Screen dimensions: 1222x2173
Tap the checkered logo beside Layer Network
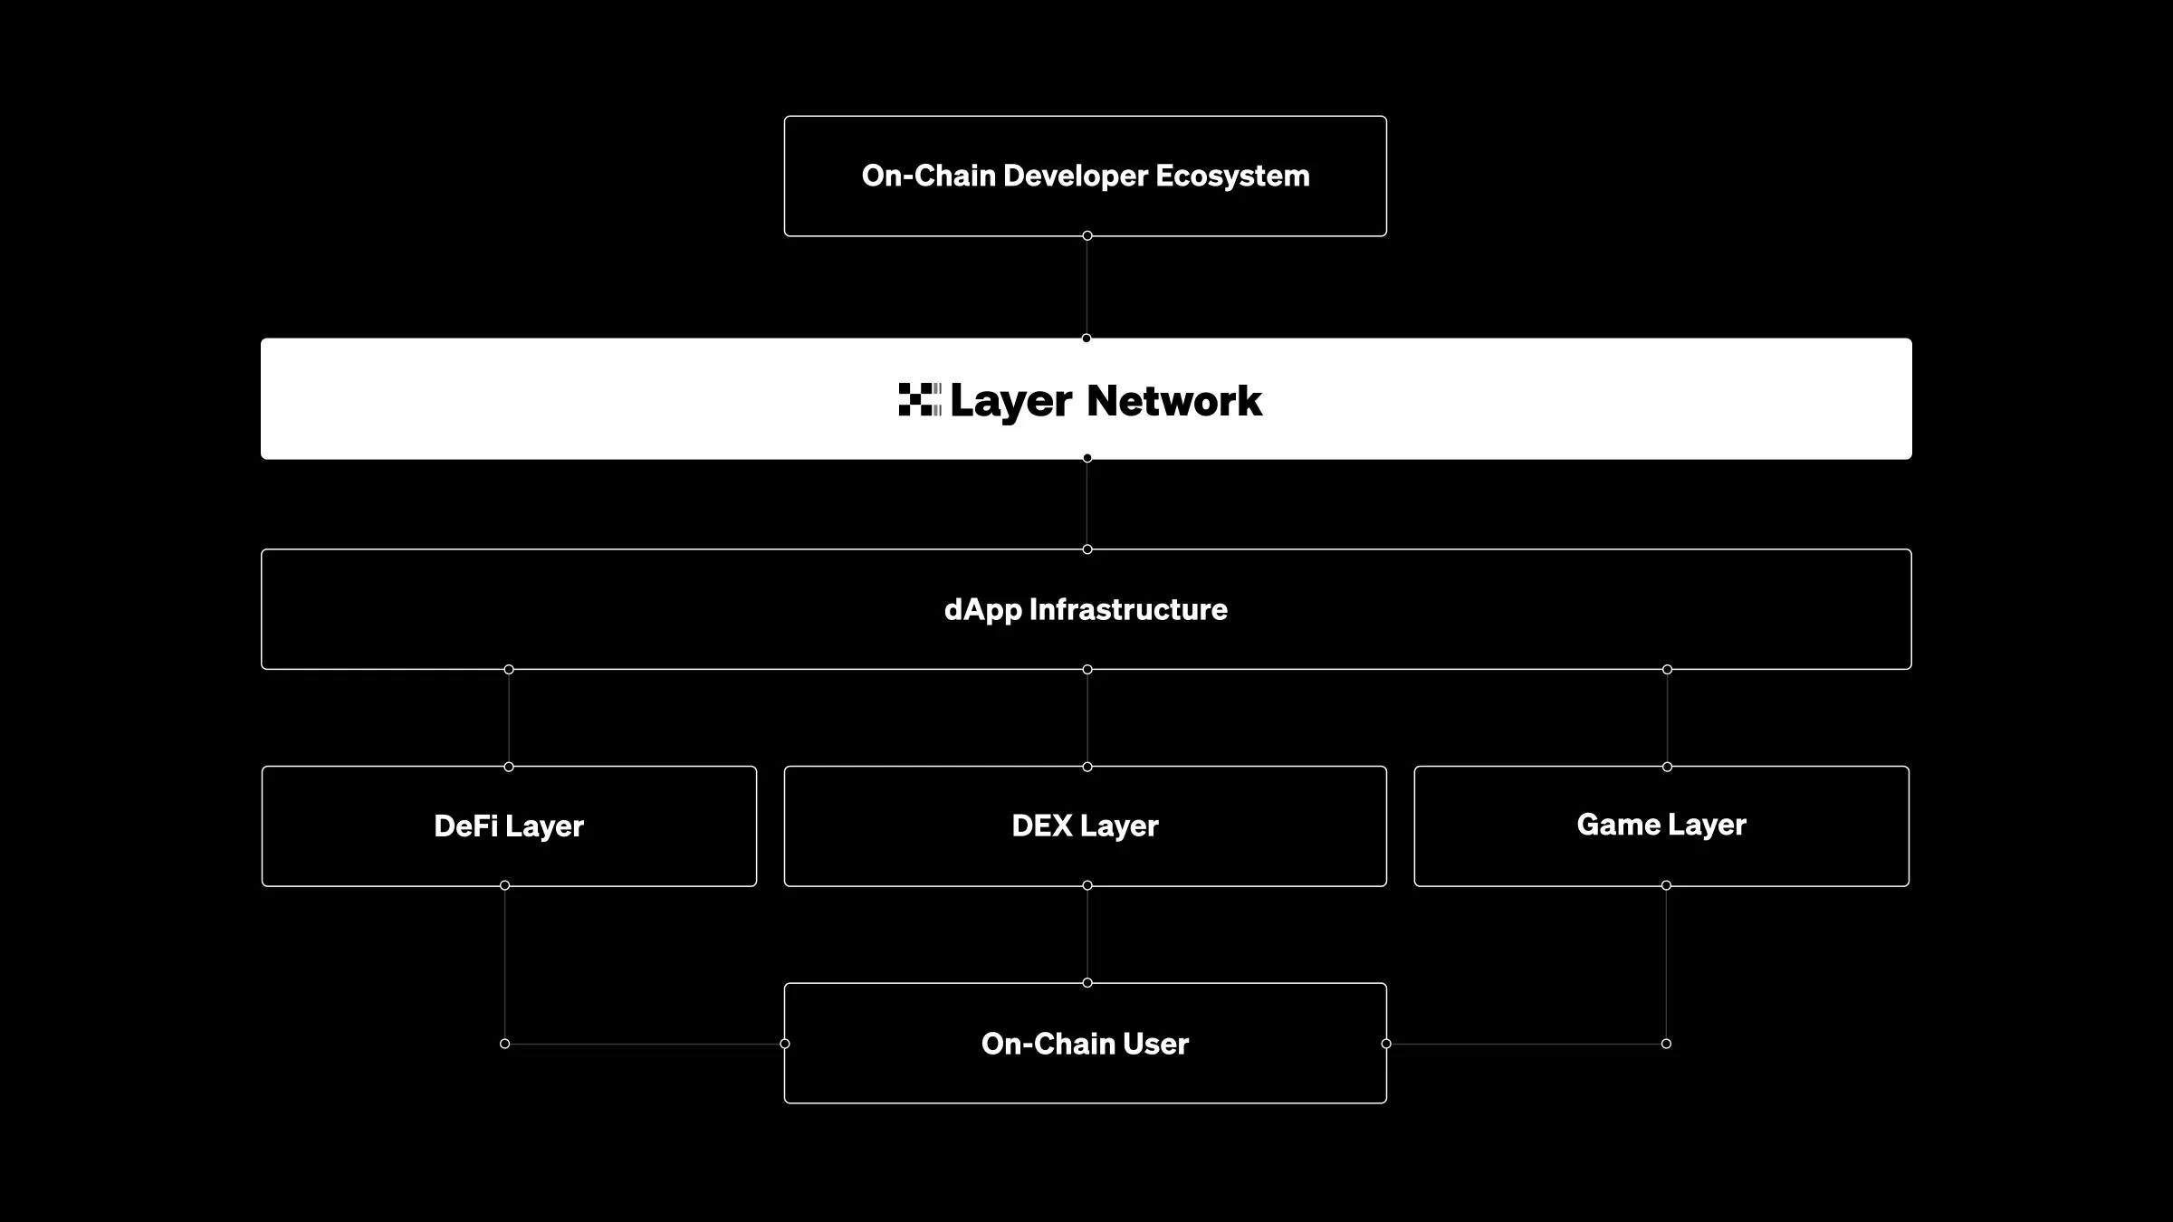[x=919, y=399]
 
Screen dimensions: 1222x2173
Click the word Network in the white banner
[x=1173, y=400]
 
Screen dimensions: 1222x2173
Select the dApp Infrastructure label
[x=1086, y=609]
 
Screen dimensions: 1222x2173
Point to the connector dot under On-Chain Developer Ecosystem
[x=1087, y=236]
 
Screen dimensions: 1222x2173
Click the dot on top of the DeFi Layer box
[x=509, y=767]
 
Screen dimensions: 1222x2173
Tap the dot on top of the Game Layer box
[x=1667, y=767]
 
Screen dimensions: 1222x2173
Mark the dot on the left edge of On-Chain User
[x=785, y=1044]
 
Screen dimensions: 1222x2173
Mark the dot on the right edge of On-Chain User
[x=1386, y=1044]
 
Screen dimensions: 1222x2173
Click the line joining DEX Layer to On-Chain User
[x=1087, y=934]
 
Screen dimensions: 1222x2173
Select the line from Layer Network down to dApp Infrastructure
[x=1087, y=504]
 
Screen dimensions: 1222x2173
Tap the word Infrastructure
[x=1128, y=609]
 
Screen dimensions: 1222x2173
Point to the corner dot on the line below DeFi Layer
[x=504, y=1044]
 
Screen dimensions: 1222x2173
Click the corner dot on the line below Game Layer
[x=1666, y=1044]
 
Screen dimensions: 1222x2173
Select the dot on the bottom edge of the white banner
[x=1087, y=458]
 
